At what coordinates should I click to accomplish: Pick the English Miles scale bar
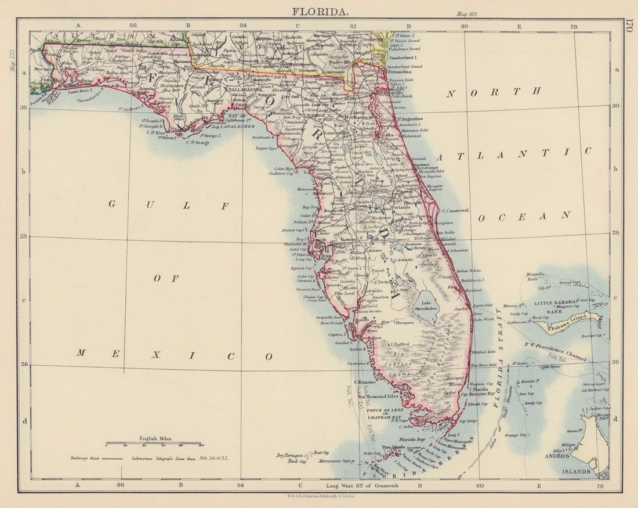[154, 445]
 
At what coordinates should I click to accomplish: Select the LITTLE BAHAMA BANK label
[557, 306]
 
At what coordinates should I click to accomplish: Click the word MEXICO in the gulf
[175, 355]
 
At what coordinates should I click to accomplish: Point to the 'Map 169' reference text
[467, 14]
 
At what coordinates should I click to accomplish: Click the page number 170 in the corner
[629, 26]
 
